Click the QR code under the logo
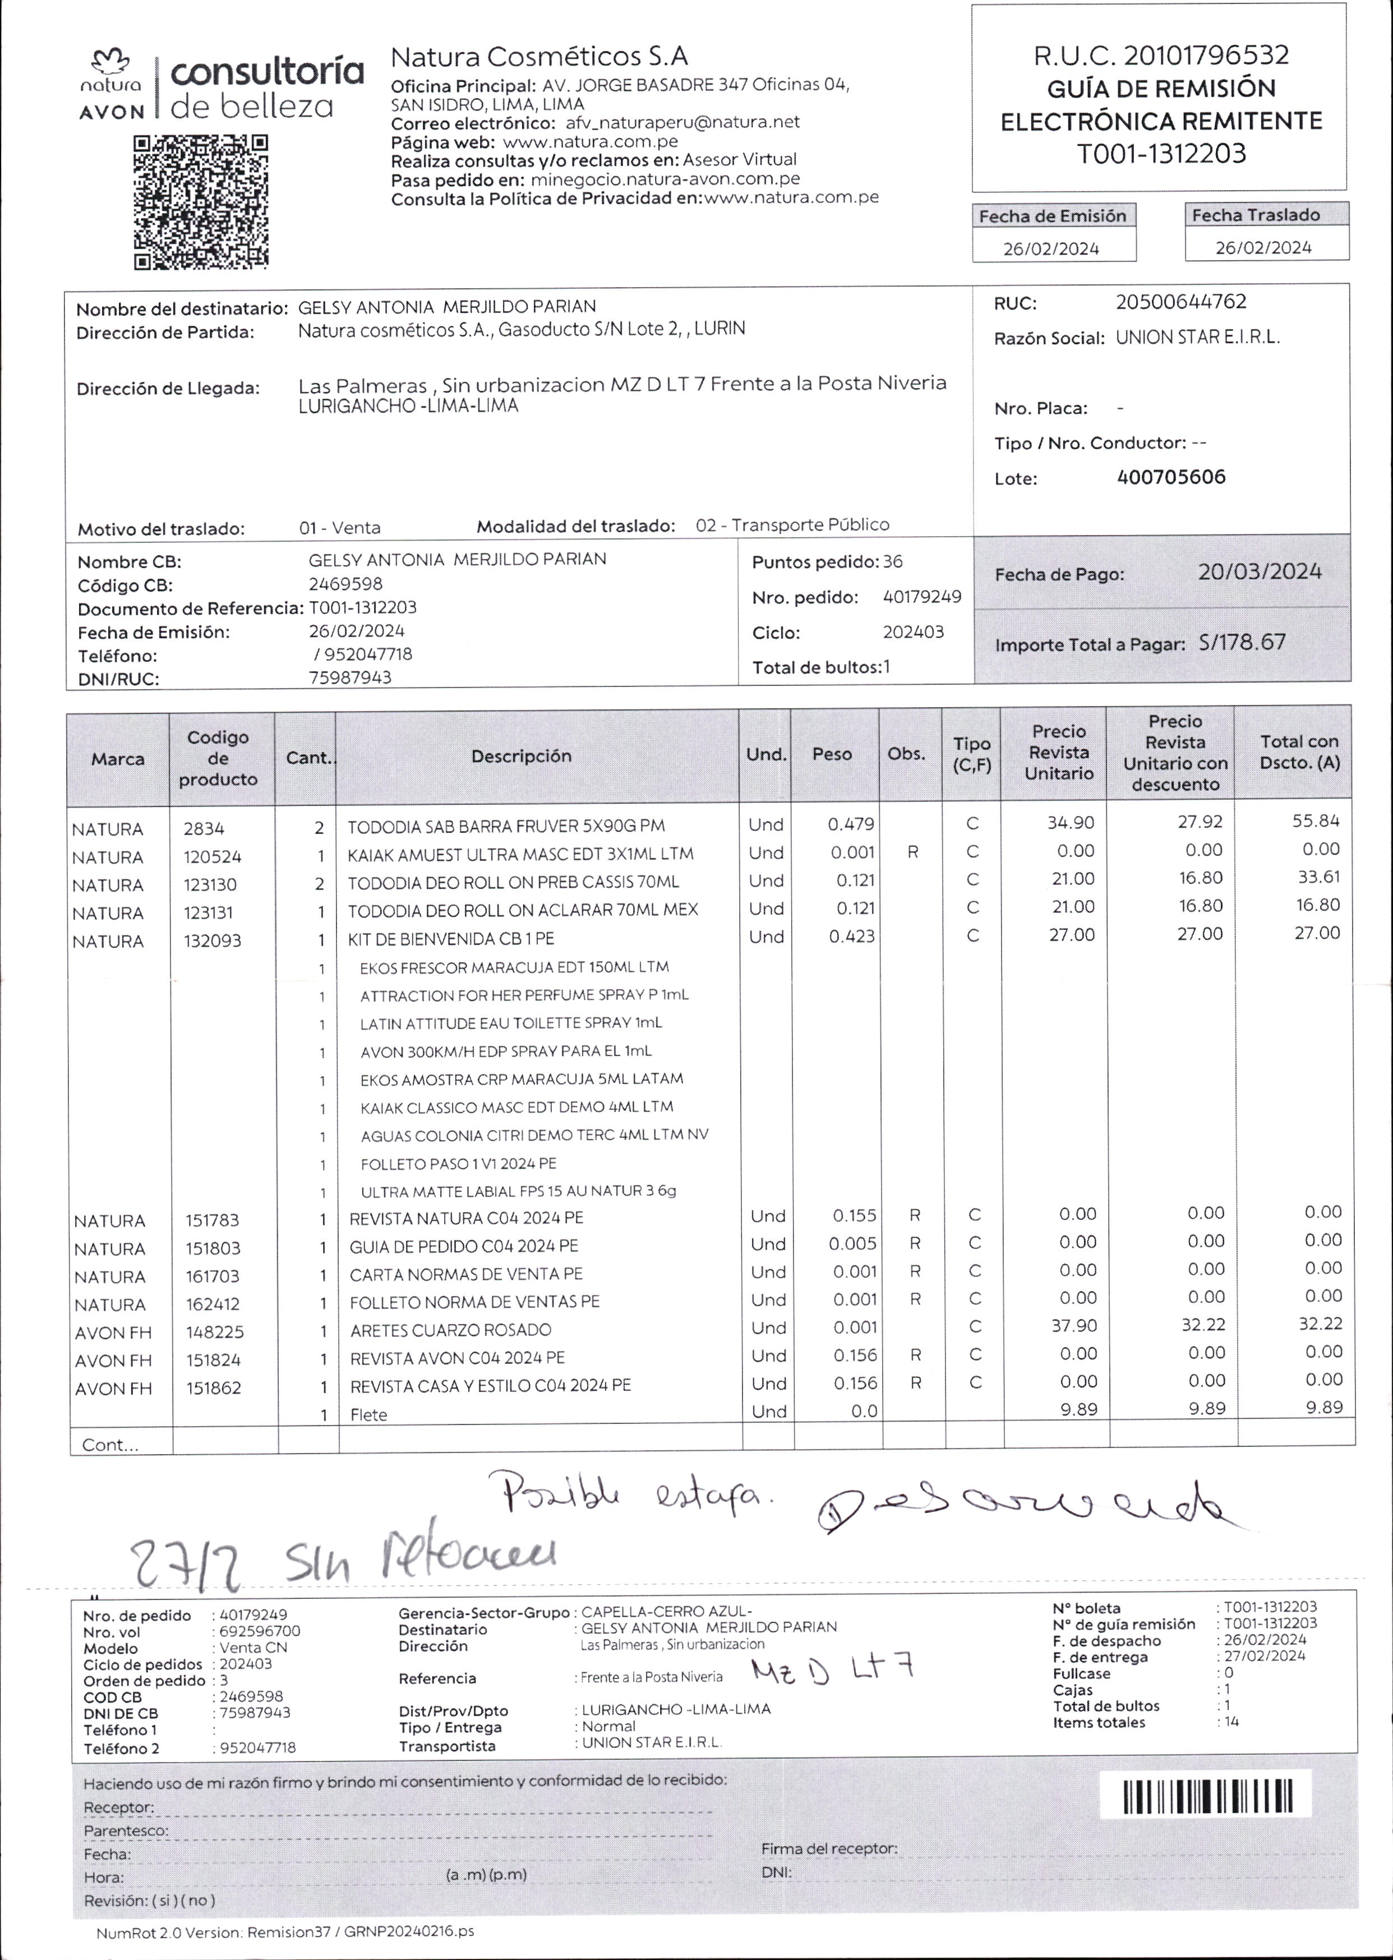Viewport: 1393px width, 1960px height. point(201,202)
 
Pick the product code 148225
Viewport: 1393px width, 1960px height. point(215,1332)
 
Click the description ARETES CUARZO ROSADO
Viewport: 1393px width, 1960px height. point(450,1330)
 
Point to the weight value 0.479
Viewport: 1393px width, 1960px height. point(850,825)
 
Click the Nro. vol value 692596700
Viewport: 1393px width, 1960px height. point(260,1631)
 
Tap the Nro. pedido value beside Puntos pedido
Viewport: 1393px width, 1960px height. point(922,597)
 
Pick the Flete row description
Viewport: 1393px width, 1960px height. point(369,1414)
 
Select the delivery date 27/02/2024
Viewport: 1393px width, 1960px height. point(1265,1657)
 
